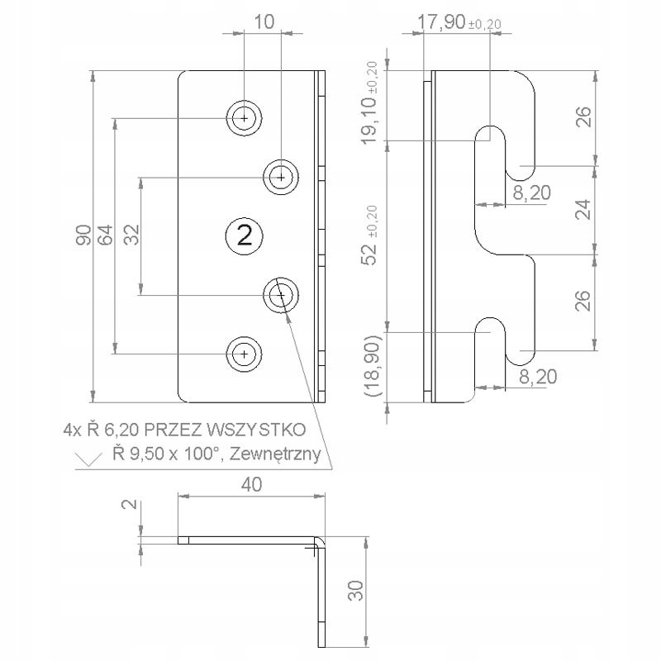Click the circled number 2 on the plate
point(244,235)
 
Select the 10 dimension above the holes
point(262,22)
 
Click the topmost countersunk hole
point(244,119)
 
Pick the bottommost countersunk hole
point(244,354)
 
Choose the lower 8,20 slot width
point(538,377)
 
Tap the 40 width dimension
point(251,485)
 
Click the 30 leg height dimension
point(355,590)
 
